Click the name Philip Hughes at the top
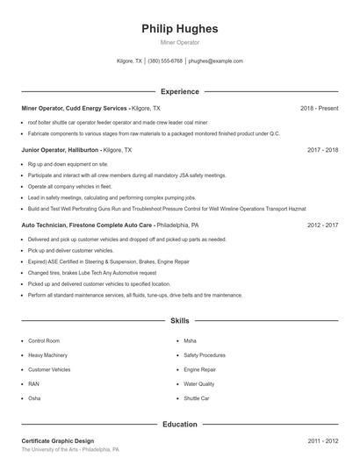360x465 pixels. pos(179,28)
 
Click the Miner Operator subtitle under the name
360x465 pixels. pos(179,42)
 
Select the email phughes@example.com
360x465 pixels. pos(216,61)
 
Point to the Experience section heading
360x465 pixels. pos(179,91)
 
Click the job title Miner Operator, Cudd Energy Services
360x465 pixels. pos(74,108)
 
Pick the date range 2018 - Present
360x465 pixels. pos(319,108)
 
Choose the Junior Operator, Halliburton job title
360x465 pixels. pos(61,150)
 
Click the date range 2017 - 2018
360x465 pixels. pos(323,150)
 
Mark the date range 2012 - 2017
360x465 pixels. pos(323,225)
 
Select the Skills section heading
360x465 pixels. pos(179,322)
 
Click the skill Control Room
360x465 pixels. pos(44,340)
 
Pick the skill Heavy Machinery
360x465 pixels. pos(47,354)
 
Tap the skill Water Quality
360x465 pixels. pos(199,383)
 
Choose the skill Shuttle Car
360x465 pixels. pos(197,398)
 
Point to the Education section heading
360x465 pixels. pos(179,424)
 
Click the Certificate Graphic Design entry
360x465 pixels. pos(58,440)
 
